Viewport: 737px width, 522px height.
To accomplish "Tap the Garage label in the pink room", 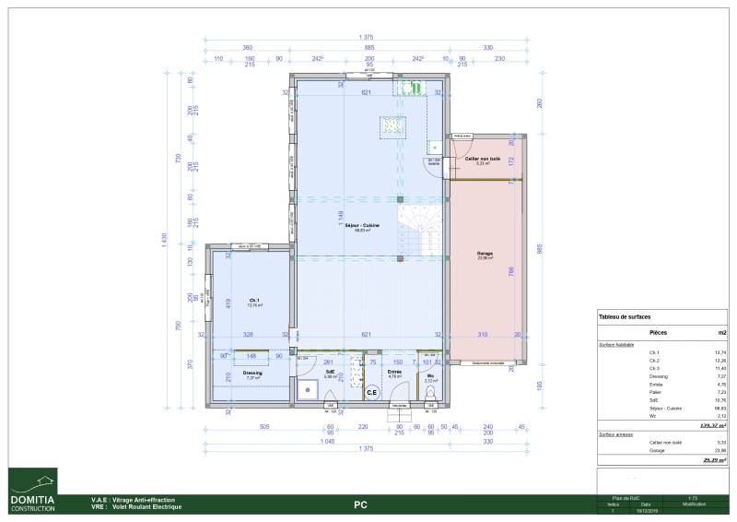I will tap(485, 253).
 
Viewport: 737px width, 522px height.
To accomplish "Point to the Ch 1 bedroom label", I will tap(253, 301).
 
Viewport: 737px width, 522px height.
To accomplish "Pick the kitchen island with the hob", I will tap(393, 126).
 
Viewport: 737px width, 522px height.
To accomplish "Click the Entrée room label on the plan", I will tap(394, 373).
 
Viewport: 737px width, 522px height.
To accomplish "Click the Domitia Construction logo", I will tap(33, 490).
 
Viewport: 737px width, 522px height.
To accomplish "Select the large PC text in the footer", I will tap(361, 505).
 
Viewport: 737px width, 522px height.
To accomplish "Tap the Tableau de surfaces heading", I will tap(625, 316).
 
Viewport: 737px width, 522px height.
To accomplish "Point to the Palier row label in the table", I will tap(655, 392).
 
